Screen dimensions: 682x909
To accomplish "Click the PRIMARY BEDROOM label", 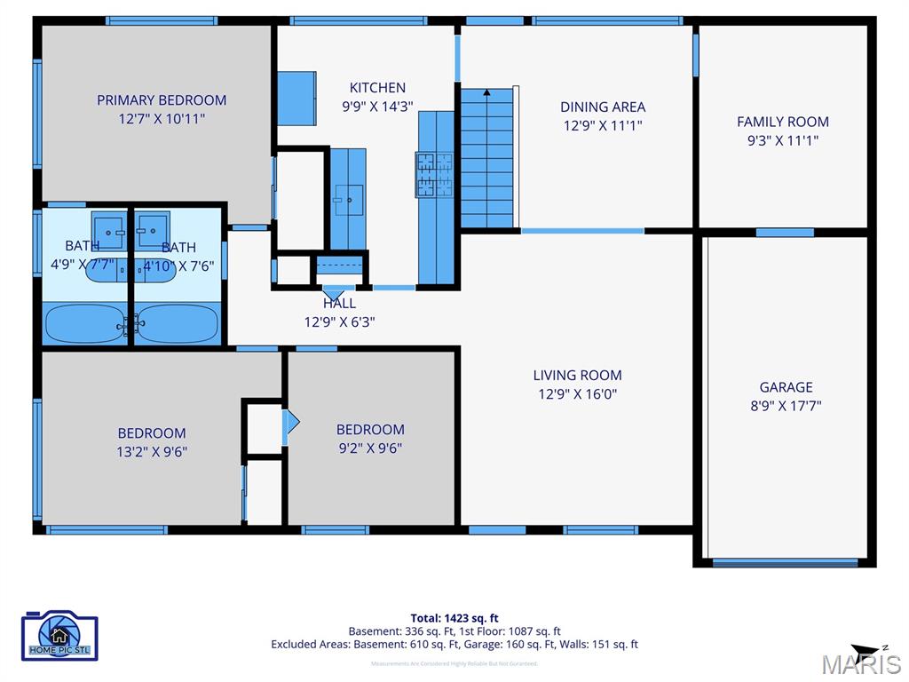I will click(x=162, y=100).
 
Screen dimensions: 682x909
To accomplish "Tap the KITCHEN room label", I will click(x=377, y=88).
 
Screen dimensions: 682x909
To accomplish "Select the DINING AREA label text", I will click(x=603, y=107).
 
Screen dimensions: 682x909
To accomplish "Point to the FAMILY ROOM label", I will click(x=783, y=122).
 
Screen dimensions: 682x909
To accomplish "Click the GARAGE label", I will click(x=786, y=387).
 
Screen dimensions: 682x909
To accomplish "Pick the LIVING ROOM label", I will click(x=577, y=375).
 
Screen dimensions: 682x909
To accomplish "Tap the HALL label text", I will click(x=339, y=304).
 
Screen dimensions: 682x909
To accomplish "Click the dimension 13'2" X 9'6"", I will click(x=152, y=451).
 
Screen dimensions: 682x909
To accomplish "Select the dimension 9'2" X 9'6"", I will click(x=370, y=448).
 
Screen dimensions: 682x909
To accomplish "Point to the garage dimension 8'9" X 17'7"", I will click(x=786, y=406).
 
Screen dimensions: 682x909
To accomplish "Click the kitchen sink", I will click(x=348, y=200).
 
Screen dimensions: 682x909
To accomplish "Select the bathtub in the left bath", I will click(x=85, y=324).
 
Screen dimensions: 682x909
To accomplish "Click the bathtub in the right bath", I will click(x=178, y=324).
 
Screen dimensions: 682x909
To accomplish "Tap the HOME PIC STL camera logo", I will click(x=59, y=635).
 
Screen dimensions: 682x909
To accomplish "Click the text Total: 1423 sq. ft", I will click(x=454, y=618).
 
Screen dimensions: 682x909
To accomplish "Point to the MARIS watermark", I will click(x=860, y=663).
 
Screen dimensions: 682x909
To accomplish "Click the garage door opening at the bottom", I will click(x=785, y=562).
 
